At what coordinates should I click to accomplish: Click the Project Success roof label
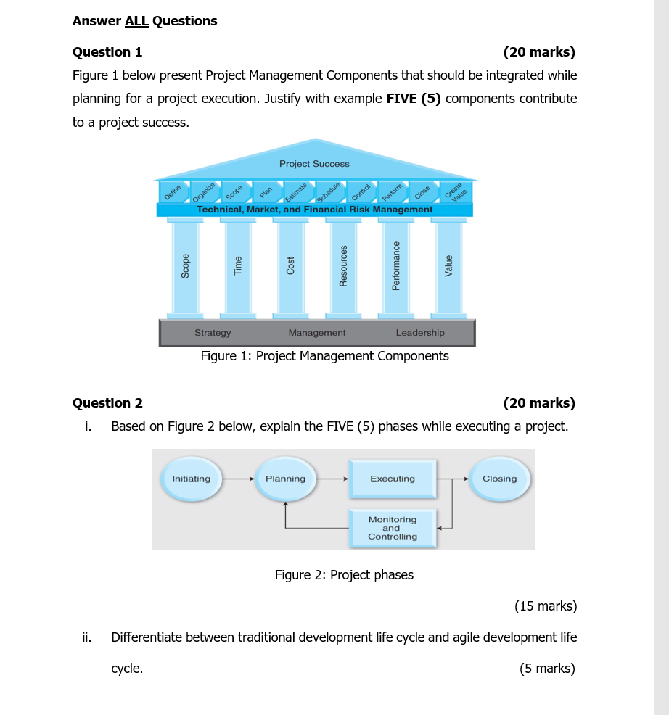click(x=314, y=164)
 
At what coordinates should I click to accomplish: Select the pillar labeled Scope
click(x=186, y=266)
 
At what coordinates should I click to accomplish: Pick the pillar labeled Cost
click(x=291, y=266)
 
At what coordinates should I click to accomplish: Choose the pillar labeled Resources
click(x=344, y=266)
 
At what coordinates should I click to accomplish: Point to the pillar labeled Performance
click(x=396, y=266)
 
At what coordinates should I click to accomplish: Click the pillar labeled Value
click(x=448, y=266)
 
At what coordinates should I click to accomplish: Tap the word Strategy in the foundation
click(x=213, y=333)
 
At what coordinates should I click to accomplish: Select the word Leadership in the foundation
click(x=420, y=333)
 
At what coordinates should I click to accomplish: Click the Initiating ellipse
click(x=192, y=479)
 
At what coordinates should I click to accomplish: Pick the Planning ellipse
click(x=286, y=479)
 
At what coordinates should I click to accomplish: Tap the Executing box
click(x=393, y=479)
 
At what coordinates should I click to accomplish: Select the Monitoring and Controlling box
click(x=393, y=529)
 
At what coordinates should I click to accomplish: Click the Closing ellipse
click(x=500, y=479)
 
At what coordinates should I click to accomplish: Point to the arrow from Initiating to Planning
click(x=238, y=479)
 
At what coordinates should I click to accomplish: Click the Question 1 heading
click(x=107, y=52)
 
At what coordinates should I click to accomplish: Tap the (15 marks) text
click(x=545, y=606)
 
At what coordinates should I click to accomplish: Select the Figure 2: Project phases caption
click(x=344, y=575)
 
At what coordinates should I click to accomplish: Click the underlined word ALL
click(x=136, y=21)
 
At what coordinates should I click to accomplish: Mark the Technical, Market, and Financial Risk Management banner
click(x=315, y=210)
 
